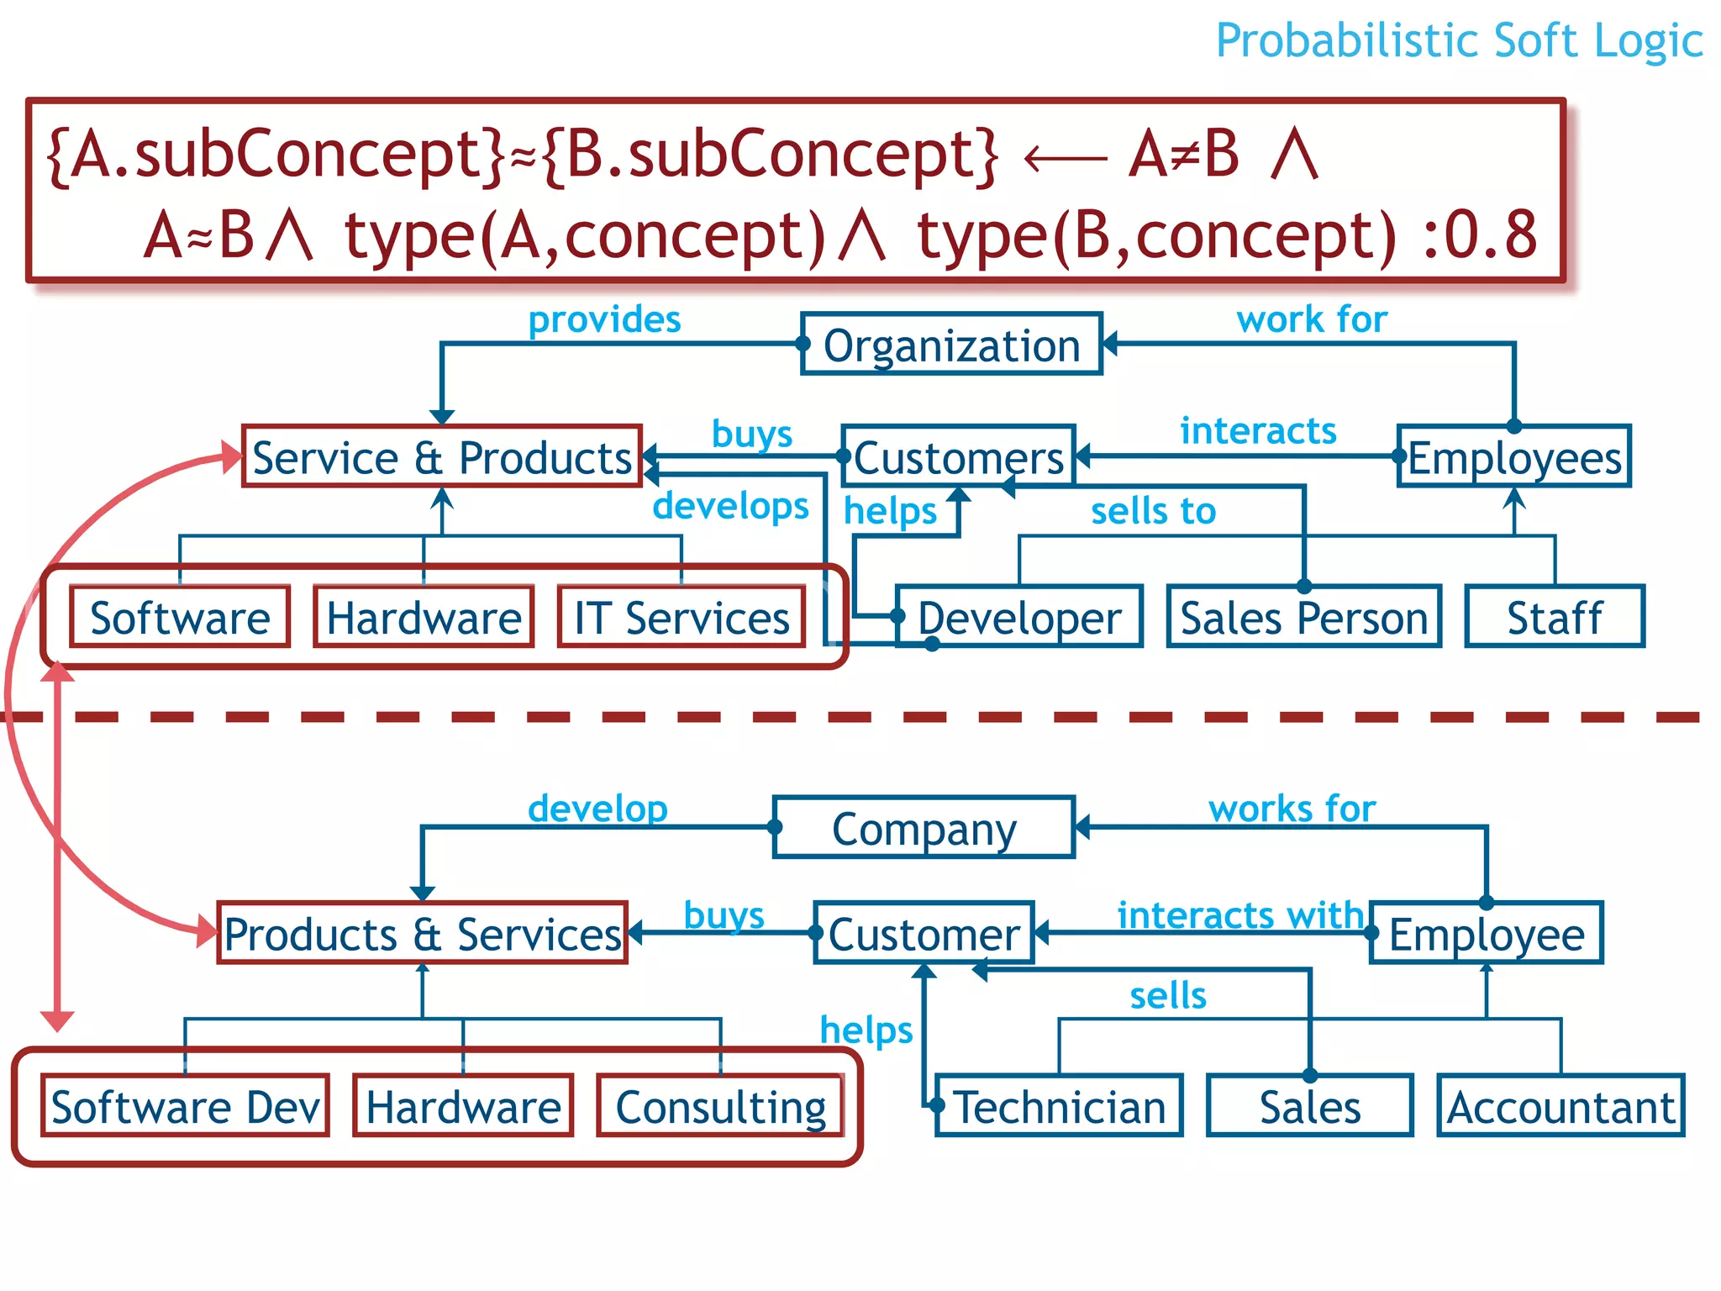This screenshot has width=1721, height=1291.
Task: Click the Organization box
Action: pos(951,345)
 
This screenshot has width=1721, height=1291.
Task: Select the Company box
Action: pos(924,828)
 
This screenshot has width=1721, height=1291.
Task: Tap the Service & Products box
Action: pos(442,456)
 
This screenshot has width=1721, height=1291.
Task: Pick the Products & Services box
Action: pos(423,933)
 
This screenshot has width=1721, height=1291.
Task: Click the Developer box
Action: pos(1019,617)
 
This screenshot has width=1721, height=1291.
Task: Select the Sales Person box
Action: pos(1304,617)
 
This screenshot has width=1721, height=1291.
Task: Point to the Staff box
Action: pos(1555,617)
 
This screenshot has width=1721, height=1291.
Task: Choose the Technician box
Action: pos(1060,1106)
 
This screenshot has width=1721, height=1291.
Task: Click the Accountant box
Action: pos(1560,1106)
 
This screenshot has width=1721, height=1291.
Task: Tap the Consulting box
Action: pos(721,1106)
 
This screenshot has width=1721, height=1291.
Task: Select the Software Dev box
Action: pos(185,1106)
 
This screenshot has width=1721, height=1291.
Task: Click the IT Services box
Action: pos(682,617)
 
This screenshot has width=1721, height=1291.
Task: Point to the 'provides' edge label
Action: pos(604,319)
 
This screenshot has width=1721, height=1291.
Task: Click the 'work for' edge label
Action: pos(1312,319)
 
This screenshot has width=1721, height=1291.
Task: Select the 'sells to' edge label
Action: pos(1153,510)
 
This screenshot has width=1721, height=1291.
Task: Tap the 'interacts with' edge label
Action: pos(1240,914)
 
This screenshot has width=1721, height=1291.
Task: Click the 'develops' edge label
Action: pos(730,505)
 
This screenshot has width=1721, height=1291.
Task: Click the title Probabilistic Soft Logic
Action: pos(1459,40)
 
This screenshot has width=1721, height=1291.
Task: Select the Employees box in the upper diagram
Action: pos(1514,457)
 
